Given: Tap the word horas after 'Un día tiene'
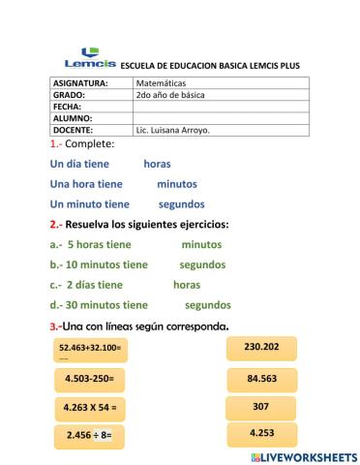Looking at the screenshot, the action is pos(157,164).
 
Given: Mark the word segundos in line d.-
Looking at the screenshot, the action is pos(207,305).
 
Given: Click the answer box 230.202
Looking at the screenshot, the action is pos(261,348).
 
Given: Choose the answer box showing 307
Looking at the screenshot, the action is pos(260,407).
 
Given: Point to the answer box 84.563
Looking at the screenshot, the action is pos(261,378).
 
